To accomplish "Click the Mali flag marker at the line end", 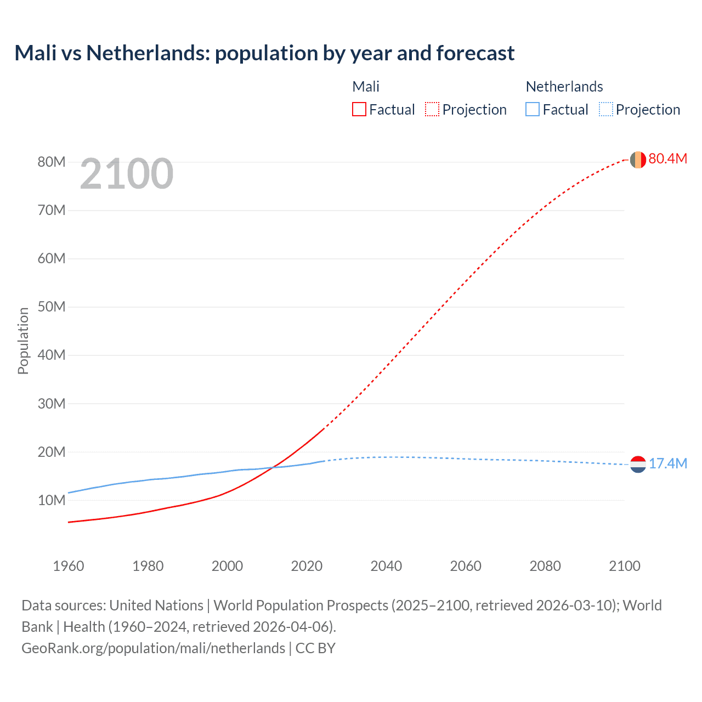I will pyautogui.click(x=638, y=160).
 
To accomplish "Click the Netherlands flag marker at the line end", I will pyautogui.click(x=638, y=465).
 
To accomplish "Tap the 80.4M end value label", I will pyautogui.click(x=667, y=159).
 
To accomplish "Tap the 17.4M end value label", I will pyautogui.click(x=667, y=464).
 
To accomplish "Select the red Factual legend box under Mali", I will pyautogui.click(x=359, y=110).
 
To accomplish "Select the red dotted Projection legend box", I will pyautogui.click(x=432, y=110).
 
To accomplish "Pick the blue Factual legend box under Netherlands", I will pyautogui.click(x=532, y=110).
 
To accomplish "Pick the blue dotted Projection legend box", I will pyautogui.click(x=605, y=110).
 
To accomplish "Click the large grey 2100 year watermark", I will pyautogui.click(x=127, y=174).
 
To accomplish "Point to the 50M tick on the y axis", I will pyautogui.click(x=52, y=307).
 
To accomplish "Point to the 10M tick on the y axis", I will pyautogui.click(x=52, y=501).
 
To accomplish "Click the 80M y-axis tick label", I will pyautogui.click(x=52, y=162).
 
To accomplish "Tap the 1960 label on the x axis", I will pyautogui.click(x=69, y=566).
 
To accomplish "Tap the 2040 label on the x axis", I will pyautogui.click(x=386, y=566).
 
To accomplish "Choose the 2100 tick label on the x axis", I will pyautogui.click(x=624, y=566).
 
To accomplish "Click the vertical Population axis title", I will pyautogui.click(x=23, y=341).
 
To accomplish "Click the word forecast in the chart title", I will pyautogui.click(x=475, y=53).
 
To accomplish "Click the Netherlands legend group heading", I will pyautogui.click(x=564, y=87).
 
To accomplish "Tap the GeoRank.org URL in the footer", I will pyautogui.click(x=153, y=648).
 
